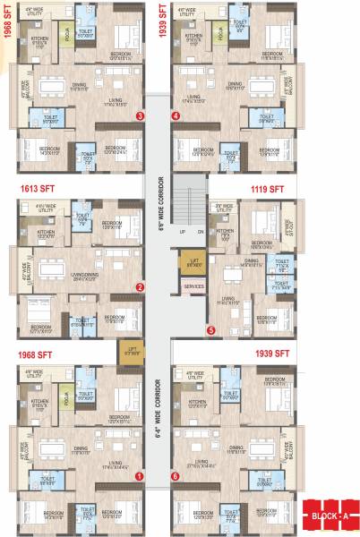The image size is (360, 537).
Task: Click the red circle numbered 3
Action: coord(139,115)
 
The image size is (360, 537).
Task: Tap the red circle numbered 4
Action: coord(176,115)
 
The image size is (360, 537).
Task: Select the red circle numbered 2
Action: coord(140,287)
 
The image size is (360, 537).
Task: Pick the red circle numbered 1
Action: coord(139,477)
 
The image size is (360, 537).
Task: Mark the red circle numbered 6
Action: coord(176,477)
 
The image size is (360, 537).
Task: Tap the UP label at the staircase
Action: coord(183,231)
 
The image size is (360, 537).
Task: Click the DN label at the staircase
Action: coord(201,231)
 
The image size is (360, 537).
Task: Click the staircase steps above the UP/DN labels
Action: coord(191,201)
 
